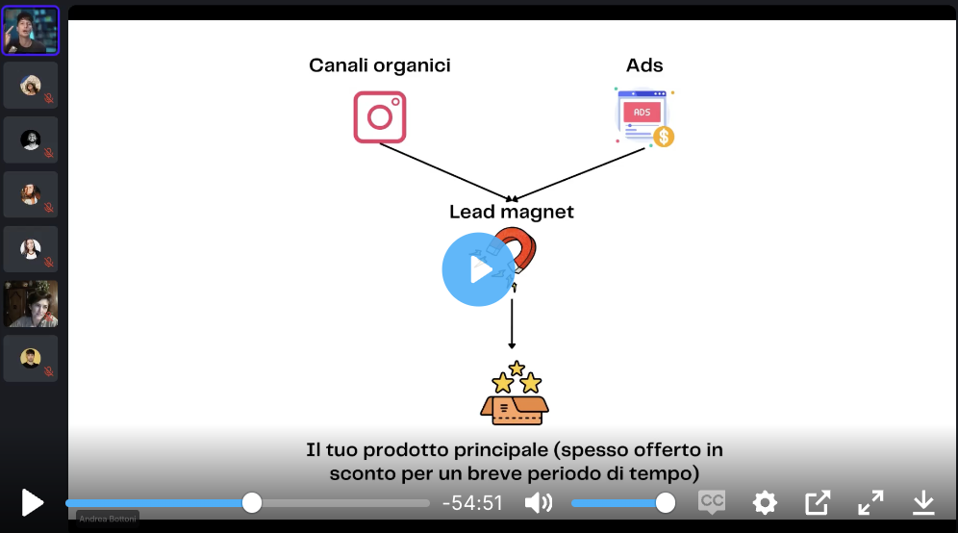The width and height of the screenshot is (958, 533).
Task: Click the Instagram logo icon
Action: (x=380, y=117)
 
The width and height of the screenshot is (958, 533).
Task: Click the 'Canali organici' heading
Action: (x=380, y=65)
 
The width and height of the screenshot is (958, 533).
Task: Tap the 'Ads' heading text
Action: (x=644, y=65)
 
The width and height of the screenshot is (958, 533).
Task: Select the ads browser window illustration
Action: (x=642, y=116)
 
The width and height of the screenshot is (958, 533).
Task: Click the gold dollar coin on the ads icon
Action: (x=663, y=137)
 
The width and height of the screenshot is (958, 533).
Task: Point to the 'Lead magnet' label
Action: (x=511, y=212)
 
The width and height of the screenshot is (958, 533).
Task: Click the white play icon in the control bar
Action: (x=33, y=502)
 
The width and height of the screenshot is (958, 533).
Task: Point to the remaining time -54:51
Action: (x=472, y=503)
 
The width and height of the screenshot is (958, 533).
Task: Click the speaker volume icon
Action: (x=539, y=502)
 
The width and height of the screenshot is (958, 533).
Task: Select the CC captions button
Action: (x=712, y=502)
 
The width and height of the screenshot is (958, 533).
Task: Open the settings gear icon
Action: (x=765, y=502)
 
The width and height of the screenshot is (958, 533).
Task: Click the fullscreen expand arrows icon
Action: (x=870, y=502)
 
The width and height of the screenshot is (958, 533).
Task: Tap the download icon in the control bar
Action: (x=923, y=502)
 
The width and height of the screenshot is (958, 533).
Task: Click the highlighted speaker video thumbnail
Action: (x=31, y=31)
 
